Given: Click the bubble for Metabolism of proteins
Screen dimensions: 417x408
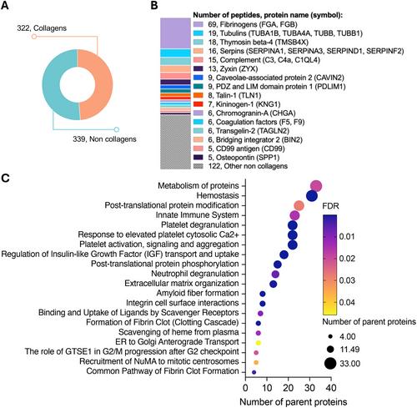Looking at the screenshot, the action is [x=316, y=186].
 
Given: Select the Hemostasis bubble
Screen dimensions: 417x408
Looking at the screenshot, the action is [x=312, y=196].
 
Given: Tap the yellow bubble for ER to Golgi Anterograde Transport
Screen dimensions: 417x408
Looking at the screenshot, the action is [x=259, y=343].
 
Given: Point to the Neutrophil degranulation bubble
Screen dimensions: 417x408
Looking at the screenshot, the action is [x=275, y=275].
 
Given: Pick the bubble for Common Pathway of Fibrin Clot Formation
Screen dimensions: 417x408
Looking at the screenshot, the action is [x=254, y=372].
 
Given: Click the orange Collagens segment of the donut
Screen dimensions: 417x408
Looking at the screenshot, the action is [x=98, y=83].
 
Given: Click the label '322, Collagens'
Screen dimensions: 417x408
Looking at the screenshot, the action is [x=42, y=28].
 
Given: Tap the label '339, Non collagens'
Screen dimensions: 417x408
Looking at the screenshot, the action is [x=104, y=139].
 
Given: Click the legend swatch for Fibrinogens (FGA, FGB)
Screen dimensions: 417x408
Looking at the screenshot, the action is [x=198, y=24].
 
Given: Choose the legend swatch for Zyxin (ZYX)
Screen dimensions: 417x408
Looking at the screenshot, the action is [x=198, y=68].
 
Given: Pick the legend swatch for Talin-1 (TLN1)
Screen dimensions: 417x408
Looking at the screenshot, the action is [x=198, y=95].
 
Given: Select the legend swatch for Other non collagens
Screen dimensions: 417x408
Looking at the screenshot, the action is [x=198, y=166].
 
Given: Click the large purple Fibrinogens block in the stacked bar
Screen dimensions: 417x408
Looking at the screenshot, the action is [x=175, y=33].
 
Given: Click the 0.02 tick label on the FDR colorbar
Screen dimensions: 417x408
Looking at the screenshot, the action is [x=347, y=259].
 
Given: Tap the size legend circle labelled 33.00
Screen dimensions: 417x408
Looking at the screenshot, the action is [x=330, y=363].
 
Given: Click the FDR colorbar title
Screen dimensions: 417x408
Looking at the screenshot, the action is [x=330, y=206].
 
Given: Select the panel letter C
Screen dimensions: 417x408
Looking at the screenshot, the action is [x=6, y=178].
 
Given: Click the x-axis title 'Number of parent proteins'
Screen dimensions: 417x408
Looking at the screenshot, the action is [x=294, y=402].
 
